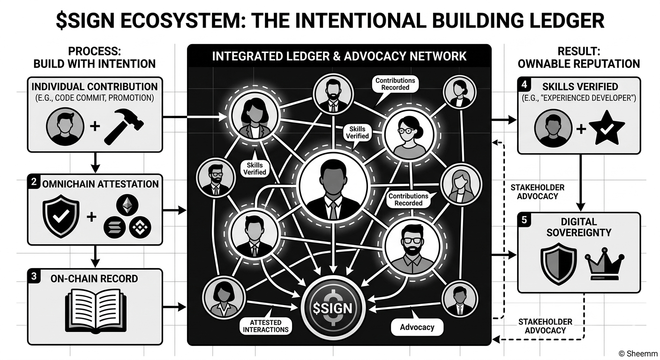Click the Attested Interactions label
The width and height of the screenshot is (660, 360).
click(265, 326)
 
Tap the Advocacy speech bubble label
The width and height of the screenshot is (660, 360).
click(417, 327)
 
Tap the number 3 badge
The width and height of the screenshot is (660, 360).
click(33, 276)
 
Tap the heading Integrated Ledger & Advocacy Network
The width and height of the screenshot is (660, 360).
click(339, 56)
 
